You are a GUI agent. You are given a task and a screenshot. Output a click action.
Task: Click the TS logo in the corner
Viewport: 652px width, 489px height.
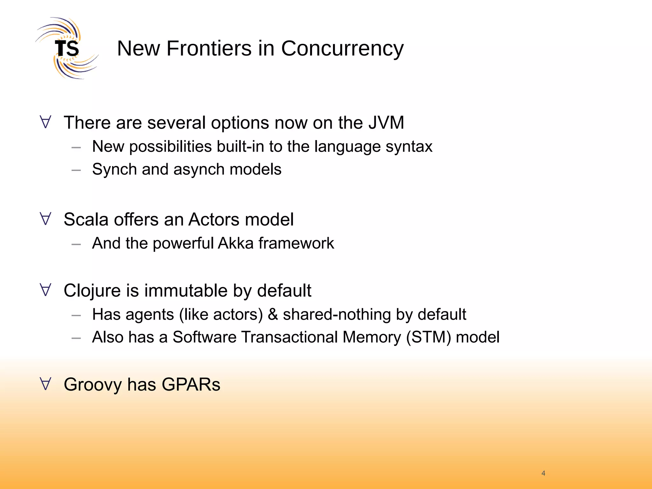click(67, 48)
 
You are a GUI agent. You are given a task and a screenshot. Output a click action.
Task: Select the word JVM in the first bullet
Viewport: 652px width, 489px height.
click(386, 123)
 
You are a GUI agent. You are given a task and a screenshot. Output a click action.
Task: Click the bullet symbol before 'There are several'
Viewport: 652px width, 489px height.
click(46, 122)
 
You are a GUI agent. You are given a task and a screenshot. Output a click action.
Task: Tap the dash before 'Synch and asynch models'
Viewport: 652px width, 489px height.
click(76, 170)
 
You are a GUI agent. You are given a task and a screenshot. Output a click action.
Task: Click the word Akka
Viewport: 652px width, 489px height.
click(236, 243)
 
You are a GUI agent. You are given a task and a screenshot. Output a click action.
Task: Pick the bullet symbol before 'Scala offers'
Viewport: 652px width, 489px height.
click(46, 219)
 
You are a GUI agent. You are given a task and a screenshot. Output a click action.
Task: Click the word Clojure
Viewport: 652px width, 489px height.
click(92, 291)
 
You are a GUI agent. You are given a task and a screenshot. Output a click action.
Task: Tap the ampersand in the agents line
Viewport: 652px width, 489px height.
click(273, 315)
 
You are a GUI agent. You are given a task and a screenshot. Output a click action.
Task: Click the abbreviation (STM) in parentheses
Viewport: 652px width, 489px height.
click(428, 337)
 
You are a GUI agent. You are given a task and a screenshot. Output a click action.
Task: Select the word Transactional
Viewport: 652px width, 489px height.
click(289, 337)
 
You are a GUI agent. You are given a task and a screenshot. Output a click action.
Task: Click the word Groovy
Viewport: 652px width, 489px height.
click(93, 385)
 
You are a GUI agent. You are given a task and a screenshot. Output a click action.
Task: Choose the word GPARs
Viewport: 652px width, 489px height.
click(191, 385)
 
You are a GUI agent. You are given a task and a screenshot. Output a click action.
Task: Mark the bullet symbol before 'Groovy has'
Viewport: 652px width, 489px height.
click(46, 384)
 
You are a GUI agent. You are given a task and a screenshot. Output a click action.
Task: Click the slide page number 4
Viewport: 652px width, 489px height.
click(543, 473)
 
